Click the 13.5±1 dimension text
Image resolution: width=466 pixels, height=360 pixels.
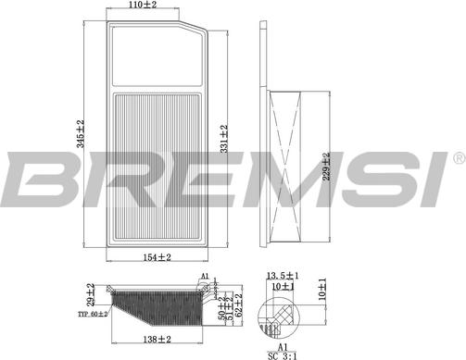(x=281, y=276)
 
